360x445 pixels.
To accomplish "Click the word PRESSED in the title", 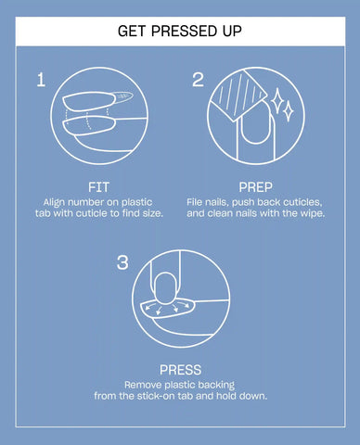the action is (x=185, y=31).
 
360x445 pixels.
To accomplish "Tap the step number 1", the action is (x=41, y=80).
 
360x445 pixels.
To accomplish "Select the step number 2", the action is (x=198, y=80).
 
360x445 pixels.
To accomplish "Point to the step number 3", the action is (x=122, y=262).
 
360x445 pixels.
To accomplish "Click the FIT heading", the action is (x=98, y=187).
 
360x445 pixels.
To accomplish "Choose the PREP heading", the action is (x=255, y=187).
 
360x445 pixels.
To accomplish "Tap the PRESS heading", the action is (x=180, y=370).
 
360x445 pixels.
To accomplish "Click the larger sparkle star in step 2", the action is (x=276, y=99).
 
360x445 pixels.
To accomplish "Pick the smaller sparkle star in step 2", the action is (x=289, y=111).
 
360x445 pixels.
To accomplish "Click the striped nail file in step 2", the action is (x=238, y=95).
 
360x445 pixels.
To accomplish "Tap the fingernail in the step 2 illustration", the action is (x=256, y=124).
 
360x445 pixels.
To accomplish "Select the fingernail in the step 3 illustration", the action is (x=165, y=289).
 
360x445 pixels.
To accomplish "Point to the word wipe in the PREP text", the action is (x=314, y=213).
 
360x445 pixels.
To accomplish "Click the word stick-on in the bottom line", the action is (x=155, y=396).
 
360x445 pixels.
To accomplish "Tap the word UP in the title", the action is (x=232, y=31).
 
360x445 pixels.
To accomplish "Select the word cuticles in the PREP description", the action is (x=303, y=202).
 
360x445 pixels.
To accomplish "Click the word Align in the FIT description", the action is (x=54, y=203).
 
